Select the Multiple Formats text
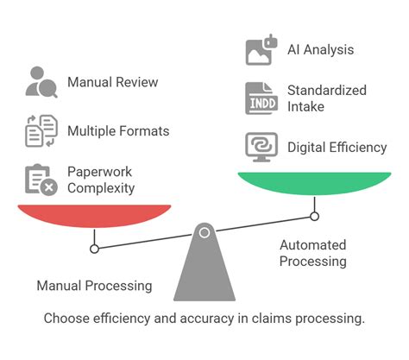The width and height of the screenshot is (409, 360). tap(117, 132)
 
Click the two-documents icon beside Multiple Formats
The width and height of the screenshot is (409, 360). tap(41, 131)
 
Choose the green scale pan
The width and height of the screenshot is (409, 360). tap(313, 183)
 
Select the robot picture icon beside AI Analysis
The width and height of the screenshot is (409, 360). tap(261, 50)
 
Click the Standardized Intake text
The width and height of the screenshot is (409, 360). tap(326, 98)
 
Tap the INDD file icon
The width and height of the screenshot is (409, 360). tap(261, 98)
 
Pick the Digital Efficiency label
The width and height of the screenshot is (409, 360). tap(337, 147)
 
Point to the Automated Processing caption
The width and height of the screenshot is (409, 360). tap(312, 253)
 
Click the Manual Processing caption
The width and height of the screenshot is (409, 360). tap(94, 286)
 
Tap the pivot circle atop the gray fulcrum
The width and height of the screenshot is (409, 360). tap(204, 232)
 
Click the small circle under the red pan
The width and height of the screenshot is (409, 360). tap(94, 249)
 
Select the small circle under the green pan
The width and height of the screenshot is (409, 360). tap(314, 216)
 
